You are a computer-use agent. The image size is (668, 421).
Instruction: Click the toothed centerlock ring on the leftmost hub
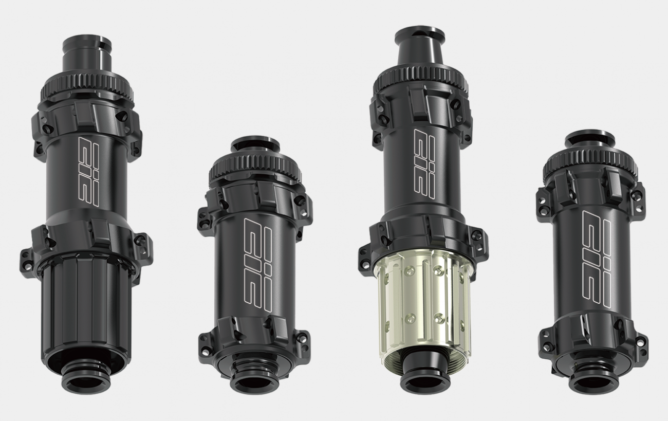pyautogui.click(x=87, y=87)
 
